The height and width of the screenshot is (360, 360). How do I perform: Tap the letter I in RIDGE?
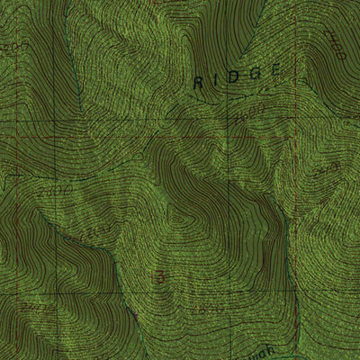point(214,80)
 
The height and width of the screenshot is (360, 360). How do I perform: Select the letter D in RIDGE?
point(232,77)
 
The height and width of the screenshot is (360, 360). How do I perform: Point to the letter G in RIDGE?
point(252,74)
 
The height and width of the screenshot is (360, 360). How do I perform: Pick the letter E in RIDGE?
point(274,70)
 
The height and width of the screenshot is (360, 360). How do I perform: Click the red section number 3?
point(160,277)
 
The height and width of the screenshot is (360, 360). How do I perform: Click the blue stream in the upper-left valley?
point(76,72)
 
